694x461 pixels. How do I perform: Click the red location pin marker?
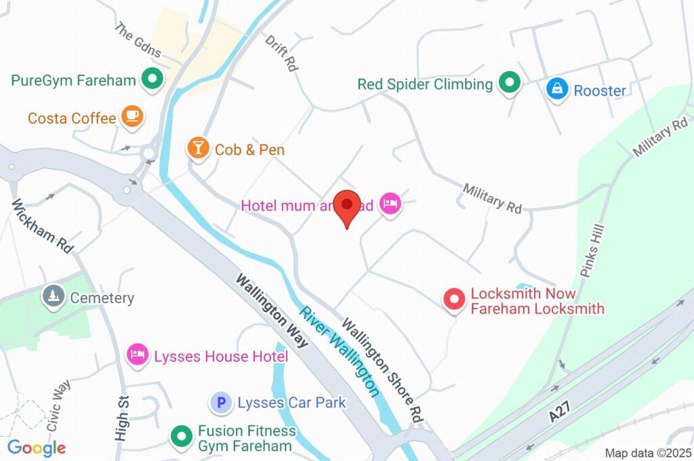pyautogui.click(x=348, y=207)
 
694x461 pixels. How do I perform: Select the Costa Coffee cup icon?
pyautogui.click(x=132, y=117)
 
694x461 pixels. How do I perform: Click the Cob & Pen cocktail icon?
pyautogui.click(x=198, y=148)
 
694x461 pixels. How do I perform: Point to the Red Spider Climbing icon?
pyautogui.click(x=509, y=84)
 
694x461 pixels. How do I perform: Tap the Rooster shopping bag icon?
pyautogui.click(x=556, y=89)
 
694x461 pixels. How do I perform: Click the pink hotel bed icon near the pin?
pyautogui.click(x=390, y=203)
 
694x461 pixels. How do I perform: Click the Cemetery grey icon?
pyautogui.click(x=52, y=297)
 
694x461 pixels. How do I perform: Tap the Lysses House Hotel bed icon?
pyautogui.click(x=138, y=355)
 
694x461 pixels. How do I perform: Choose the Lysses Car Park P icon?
pyautogui.click(x=220, y=403)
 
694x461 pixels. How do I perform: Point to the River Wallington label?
pyautogui.click(x=340, y=351)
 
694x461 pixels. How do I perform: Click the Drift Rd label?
pyautogui.click(x=281, y=54)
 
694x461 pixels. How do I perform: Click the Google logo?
pyautogui.click(x=36, y=447)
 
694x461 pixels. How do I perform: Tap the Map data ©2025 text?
pyautogui.click(x=647, y=453)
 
